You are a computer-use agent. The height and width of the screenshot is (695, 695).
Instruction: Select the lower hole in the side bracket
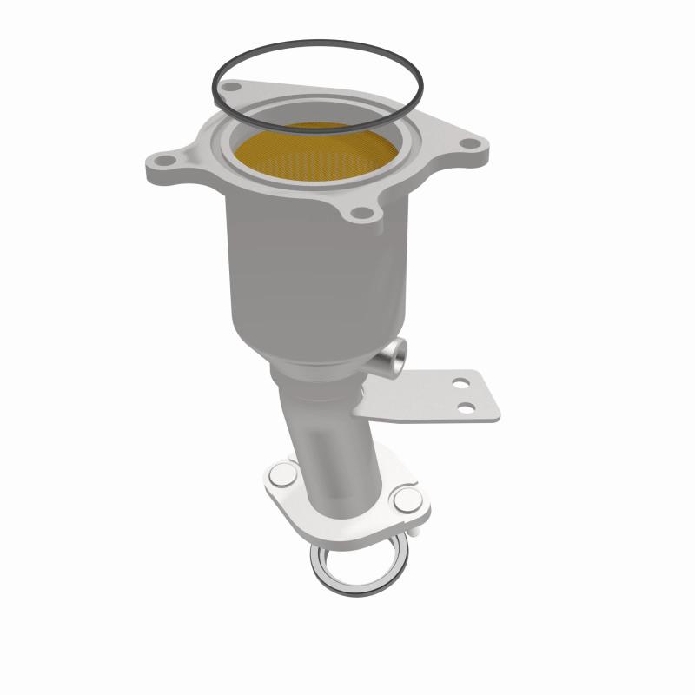point(469,406)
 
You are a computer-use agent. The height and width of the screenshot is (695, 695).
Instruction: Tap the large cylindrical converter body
point(304,261)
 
